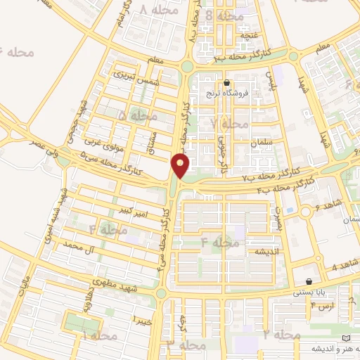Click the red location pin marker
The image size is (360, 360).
(x=181, y=166)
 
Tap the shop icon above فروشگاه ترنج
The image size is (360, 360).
(x=226, y=82)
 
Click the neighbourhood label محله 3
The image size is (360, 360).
(x=186, y=345)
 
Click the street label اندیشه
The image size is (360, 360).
(x=268, y=252)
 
